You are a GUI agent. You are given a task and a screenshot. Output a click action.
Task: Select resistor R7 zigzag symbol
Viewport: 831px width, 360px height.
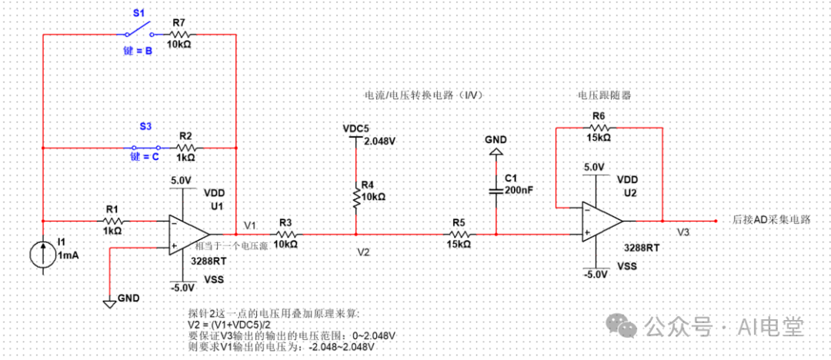179,35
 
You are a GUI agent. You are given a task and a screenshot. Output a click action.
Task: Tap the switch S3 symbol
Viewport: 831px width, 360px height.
146,146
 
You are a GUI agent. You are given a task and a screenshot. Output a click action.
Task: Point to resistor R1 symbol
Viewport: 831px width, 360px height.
112,218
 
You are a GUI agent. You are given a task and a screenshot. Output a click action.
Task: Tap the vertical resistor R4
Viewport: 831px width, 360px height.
355,198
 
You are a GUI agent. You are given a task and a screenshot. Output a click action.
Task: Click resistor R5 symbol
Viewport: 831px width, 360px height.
459,233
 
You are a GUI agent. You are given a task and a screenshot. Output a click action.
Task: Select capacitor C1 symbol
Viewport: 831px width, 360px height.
496,189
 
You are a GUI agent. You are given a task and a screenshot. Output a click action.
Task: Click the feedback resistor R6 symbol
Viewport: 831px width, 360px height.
599,127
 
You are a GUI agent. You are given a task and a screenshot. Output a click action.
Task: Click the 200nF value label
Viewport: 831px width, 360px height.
519,190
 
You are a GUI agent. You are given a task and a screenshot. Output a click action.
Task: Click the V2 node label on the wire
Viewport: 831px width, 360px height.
364,251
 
